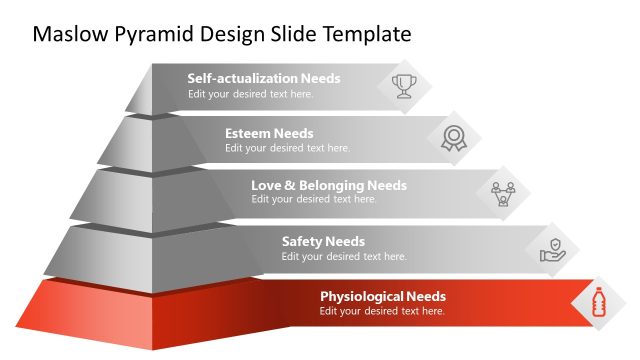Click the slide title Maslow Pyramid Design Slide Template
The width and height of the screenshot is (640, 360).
(222, 34)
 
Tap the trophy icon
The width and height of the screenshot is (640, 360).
(404, 85)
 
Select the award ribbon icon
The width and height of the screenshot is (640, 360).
(454, 139)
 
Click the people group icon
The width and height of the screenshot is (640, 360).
(502, 191)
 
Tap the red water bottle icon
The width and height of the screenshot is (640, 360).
(599, 302)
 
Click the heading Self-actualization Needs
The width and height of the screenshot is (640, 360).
(264, 78)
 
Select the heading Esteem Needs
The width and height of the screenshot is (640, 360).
(269, 133)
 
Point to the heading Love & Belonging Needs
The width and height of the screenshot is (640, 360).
(329, 185)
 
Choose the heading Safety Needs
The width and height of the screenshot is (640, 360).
(323, 241)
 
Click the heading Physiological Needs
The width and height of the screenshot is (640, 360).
(383, 296)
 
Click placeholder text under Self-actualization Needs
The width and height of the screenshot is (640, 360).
(250, 94)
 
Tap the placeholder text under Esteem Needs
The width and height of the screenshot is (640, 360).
(287, 148)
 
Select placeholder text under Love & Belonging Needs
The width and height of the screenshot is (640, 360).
(314, 199)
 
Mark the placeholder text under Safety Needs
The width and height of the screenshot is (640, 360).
(344, 256)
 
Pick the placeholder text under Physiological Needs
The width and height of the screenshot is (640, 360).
(382, 311)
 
